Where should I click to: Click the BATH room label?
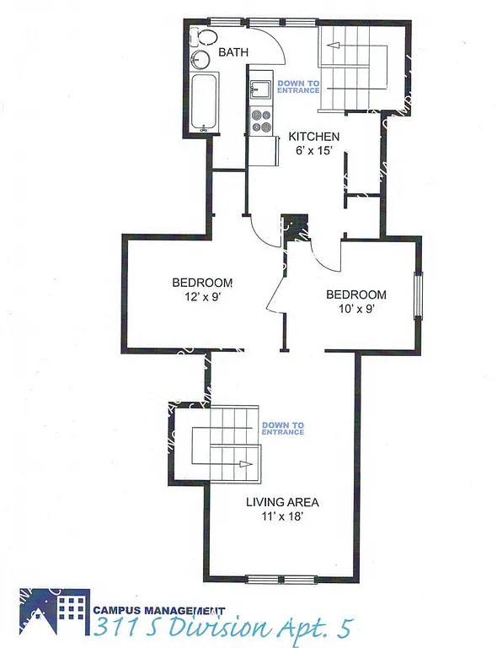(x=233, y=52)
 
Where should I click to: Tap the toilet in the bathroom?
(x=199, y=37)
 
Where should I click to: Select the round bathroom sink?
(x=200, y=59)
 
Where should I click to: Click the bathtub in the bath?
(x=203, y=104)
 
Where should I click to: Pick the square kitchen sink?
(x=261, y=89)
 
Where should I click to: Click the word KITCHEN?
(x=314, y=137)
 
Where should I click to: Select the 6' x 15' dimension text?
(x=314, y=150)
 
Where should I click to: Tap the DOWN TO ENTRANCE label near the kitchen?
(x=298, y=86)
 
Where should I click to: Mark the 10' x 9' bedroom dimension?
(x=355, y=309)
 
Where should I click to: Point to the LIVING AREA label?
(x=282, y=502)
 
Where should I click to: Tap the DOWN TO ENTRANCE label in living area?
(x=282, y=428)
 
